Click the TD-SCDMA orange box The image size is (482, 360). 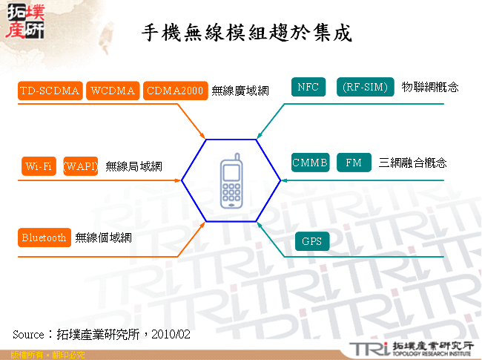pos(50,91)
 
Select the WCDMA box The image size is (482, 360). pos(113,91)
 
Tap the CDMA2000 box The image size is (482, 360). pos(174,91)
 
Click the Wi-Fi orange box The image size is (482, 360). pos(39,166)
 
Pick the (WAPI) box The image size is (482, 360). pos(81,166)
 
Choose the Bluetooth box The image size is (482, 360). pos(44,238)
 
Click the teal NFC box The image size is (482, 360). pos(308,87)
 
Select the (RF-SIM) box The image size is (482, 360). pos(366,87)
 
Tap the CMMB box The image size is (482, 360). pos(310,163)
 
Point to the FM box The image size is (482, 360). pos(354,163)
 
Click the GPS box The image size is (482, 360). pos(311,241)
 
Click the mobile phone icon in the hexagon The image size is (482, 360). pos(231,180)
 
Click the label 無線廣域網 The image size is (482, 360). pos(240,91)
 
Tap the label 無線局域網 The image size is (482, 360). pos(133,166)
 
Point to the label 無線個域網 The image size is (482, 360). pos(103,238)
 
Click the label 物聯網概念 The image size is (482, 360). pos(430,87)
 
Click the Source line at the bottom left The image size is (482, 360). pos(102,335)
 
